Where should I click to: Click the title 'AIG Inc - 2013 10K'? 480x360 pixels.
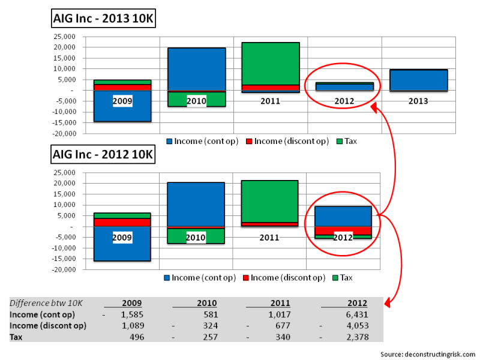tap(104, 19)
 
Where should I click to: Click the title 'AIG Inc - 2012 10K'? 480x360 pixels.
tap(103, 155)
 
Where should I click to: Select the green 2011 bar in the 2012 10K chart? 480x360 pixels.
tap(269, 201)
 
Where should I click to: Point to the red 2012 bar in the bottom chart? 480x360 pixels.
tap(343, 230)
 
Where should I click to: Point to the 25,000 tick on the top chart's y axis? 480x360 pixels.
tap(65, 36)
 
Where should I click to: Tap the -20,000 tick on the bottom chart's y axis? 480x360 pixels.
tap(64, 270)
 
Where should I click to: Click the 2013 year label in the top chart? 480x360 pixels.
tap(418, 101)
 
